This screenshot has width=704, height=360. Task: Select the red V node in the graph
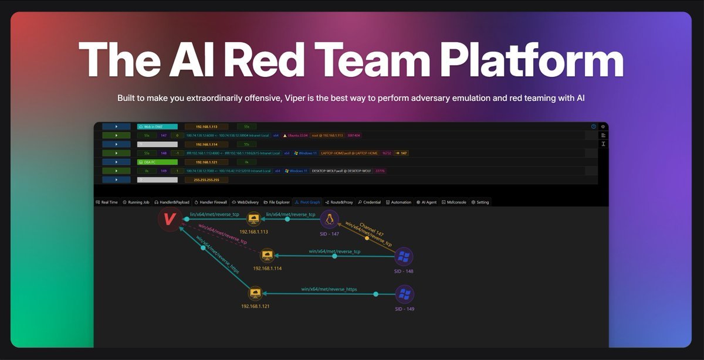tap(170, 219)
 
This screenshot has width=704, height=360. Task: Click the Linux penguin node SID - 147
tap(330, 220)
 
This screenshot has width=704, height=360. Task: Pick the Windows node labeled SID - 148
tap(404, 256)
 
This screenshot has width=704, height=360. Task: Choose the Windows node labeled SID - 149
tap(404, 294)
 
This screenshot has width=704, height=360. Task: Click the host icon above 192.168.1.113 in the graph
tap(253, 219)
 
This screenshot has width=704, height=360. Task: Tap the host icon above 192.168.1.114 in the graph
tap(268, 255)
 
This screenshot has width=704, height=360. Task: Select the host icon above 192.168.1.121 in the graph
tap(255, 293)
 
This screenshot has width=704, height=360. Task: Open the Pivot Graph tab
tap(307, 202)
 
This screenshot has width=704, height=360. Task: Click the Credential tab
tap(369, 202)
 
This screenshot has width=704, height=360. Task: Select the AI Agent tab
tap(427, 202)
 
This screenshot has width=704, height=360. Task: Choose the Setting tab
tap(480, 202)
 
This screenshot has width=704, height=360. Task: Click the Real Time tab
tap(107, 202)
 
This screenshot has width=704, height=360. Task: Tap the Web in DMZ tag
tap(153, 126)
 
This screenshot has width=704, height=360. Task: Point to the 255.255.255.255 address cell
tap(206, 180)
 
